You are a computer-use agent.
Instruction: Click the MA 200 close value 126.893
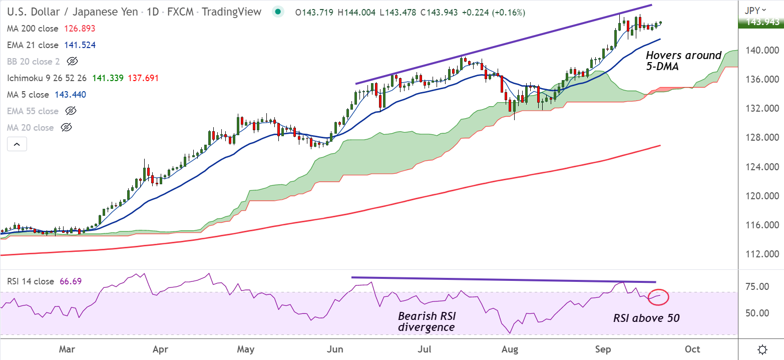tap(80, 29)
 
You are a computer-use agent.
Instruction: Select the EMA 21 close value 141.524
tap(80, 45)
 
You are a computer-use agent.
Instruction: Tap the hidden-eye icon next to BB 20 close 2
tap(73, 62)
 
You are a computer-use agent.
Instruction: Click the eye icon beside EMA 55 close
tap(71, 111)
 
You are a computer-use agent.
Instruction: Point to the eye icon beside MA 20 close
tap(66, 128)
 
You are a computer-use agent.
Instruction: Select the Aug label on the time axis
tap(510, 348)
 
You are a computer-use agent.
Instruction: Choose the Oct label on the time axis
tap(692, 348)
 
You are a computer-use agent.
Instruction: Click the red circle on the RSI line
tap(658, 297)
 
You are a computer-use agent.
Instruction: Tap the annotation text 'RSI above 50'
tap(646, 318)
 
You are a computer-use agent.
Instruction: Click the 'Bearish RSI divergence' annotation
tap(427, 322)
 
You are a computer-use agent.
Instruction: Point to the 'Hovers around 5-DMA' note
tap(683, 60)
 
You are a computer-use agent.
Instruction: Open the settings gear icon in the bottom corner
tap(762, 349)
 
